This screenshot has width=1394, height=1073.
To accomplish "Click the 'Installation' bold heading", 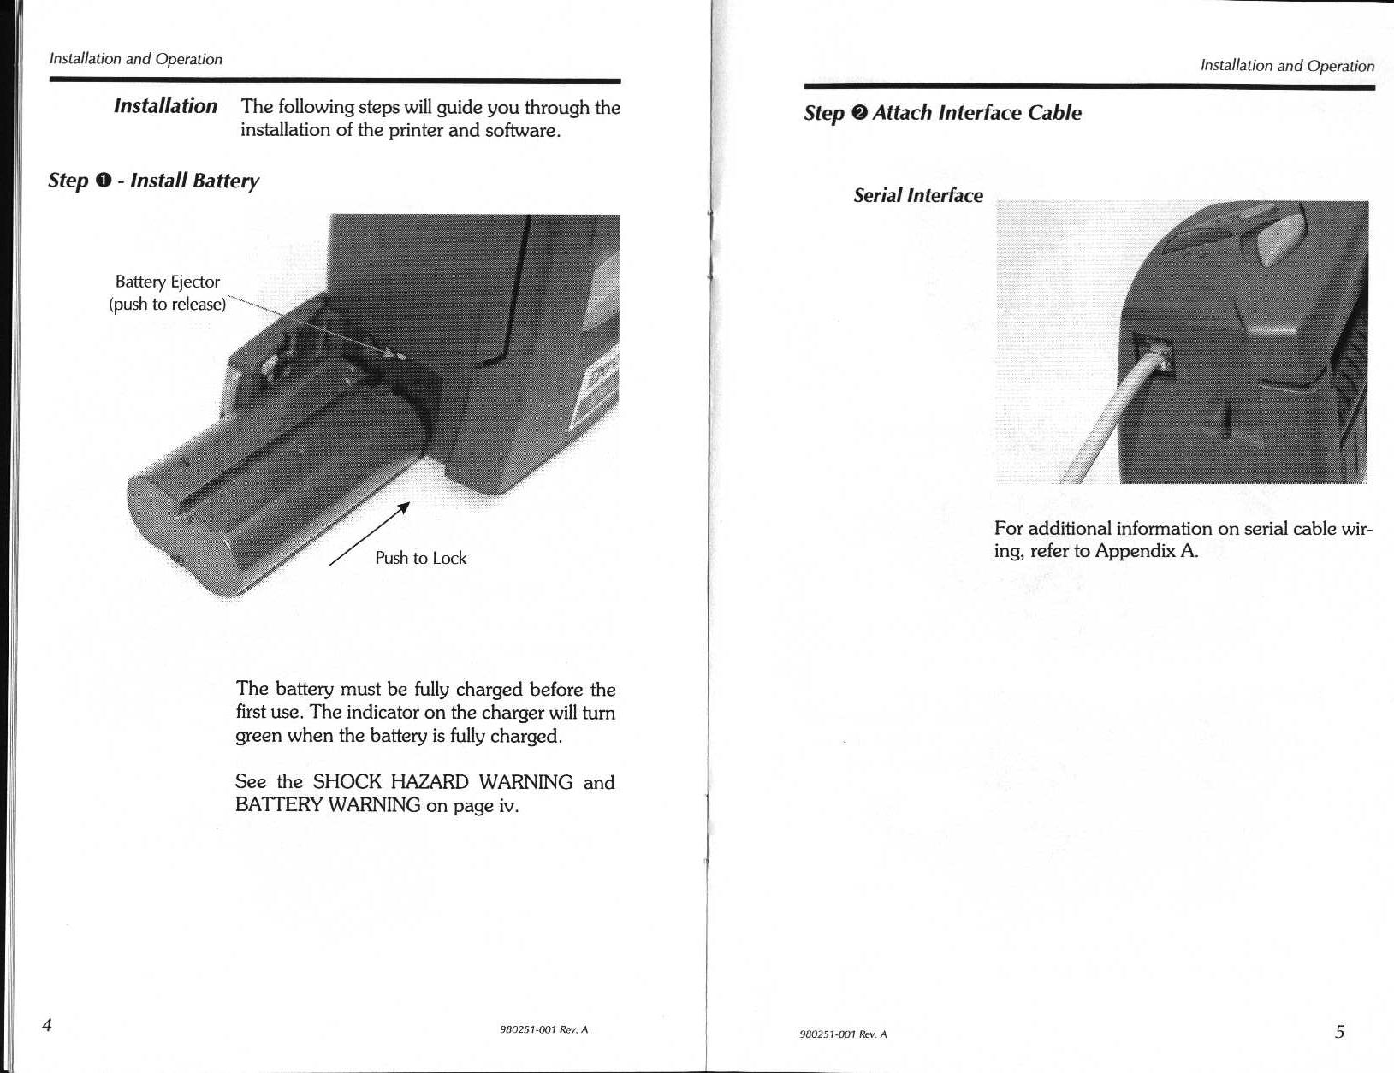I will [165, 106].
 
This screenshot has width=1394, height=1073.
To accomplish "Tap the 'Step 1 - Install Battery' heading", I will [153, 181].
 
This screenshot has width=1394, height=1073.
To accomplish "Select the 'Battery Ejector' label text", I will [168, 282].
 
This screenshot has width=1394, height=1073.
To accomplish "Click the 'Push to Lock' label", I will [420, 558].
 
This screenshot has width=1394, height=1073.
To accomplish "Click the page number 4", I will [48, 1025].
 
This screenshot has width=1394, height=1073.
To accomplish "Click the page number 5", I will [1339, 1031].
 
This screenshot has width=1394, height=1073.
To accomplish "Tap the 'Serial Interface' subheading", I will [917, 196].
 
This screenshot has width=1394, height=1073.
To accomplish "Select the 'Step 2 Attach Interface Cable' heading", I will [941, 113].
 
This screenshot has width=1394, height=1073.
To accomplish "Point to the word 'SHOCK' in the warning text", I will [347, 782].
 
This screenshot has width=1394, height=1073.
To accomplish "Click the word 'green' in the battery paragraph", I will [258, 736].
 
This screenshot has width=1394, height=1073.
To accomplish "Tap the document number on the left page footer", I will [543, 1029].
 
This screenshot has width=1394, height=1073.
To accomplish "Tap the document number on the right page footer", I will [843, 1034].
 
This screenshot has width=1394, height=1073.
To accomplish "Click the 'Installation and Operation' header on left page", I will [135, 59].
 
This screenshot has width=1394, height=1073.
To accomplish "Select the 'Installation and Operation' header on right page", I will [1287, 66].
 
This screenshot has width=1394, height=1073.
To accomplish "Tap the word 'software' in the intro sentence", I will [522, 131].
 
